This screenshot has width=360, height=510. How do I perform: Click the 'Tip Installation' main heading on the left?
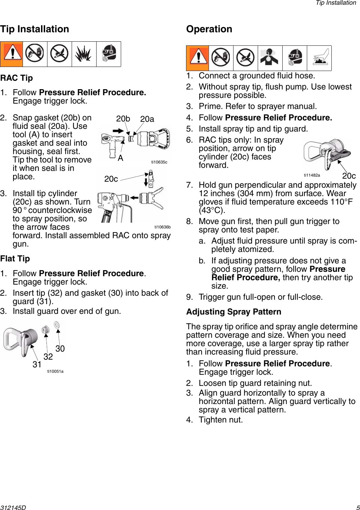[x=35, y=29]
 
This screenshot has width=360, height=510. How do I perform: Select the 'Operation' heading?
[x=209, y=29]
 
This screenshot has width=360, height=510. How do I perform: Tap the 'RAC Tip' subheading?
[x=16, y=78]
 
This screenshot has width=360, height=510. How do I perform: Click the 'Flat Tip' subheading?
[x=15, y=259]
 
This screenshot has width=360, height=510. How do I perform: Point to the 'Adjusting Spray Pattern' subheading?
[x=233, y=312]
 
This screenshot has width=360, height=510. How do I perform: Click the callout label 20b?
[x=123, y=119]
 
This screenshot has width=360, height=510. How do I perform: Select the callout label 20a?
[x=147, y=119]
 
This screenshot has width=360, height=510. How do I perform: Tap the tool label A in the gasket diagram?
[x=120, y=158]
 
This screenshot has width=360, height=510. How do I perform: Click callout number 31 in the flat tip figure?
[x=37, y=364]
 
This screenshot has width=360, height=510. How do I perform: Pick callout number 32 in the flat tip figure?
[x=48, y=357]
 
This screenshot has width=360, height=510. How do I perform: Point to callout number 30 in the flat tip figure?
[x=60, y=349]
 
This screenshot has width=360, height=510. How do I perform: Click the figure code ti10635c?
[x=159, y=162]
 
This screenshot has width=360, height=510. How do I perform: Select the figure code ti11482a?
[x=312, y=175]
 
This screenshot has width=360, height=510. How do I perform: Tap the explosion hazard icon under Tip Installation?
[x=84, y=54]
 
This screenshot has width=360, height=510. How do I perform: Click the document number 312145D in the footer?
[x=13, y=508]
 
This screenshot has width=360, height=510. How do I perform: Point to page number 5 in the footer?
[x=358, y=508]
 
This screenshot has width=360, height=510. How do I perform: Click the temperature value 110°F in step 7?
[x=341, y=202]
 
